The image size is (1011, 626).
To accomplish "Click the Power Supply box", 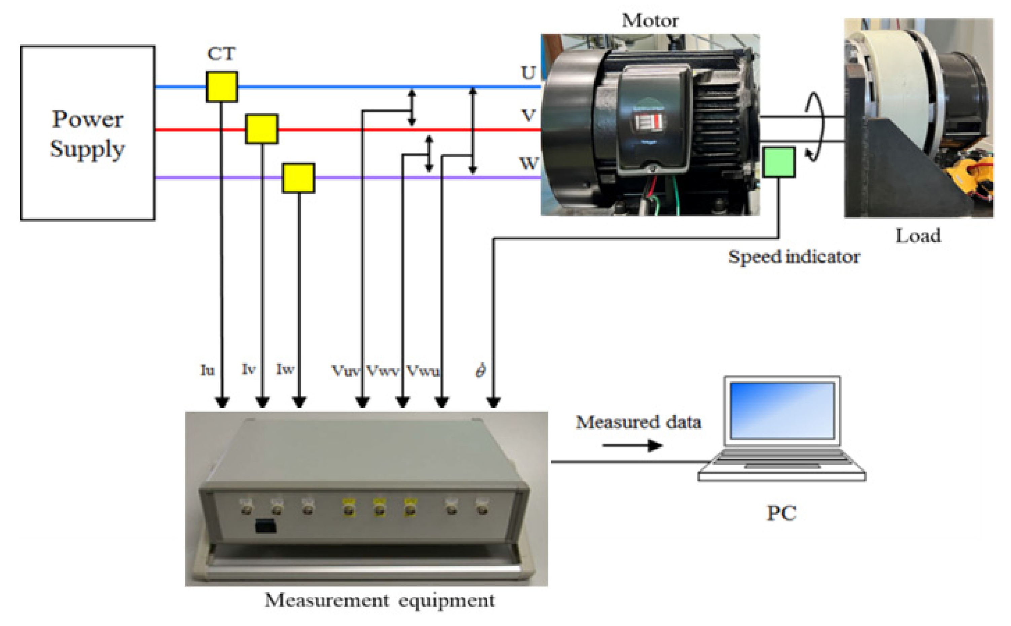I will pos(87,133).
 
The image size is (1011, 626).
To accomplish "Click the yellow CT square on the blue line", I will pos(222,86).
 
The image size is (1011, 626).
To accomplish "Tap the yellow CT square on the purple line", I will pos(298,178).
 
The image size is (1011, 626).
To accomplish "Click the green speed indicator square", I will pos(778,162).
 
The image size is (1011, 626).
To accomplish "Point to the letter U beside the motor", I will pos(528,73).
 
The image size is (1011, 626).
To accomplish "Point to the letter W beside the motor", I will pos(529,163).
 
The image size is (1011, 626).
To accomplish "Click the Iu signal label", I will pos(208,370).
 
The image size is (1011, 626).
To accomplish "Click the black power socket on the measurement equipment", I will pos(265,526).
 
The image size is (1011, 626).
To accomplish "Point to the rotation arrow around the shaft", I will pos(814,126).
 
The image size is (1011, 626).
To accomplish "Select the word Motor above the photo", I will pos(650,20).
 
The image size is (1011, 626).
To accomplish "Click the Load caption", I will pos(918,235).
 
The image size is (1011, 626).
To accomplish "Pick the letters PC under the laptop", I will pos(781,513).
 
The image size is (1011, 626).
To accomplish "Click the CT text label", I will pos(221,54).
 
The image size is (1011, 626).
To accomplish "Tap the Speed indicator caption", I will pos(794,257).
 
